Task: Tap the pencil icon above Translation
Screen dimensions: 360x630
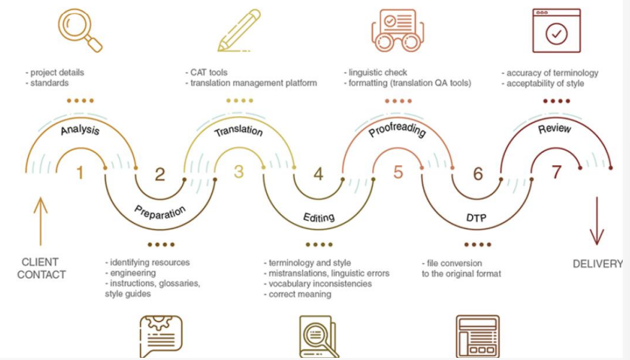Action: (x=239, y=30)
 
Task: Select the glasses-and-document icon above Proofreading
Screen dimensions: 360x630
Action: (x=395, y=28)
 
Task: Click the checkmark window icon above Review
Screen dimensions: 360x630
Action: (x=556, y=30)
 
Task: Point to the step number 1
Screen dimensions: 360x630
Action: (x=80, y=172)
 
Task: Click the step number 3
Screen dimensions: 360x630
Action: (x=239, y=172)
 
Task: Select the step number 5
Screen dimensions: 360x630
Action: (x=398, y=173)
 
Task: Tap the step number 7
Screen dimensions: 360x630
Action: (x=556, y=173)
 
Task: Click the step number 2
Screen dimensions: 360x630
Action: (x=159, y=174)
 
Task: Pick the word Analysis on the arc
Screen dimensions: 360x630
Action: (x=80, y=131)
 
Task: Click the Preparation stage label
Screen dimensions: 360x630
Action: (x=159, y=211)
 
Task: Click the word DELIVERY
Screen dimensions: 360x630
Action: (x=598, y=264)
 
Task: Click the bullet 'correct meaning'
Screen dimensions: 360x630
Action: (x=299, y=294)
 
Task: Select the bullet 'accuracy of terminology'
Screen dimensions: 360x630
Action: (x=552, y=73)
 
